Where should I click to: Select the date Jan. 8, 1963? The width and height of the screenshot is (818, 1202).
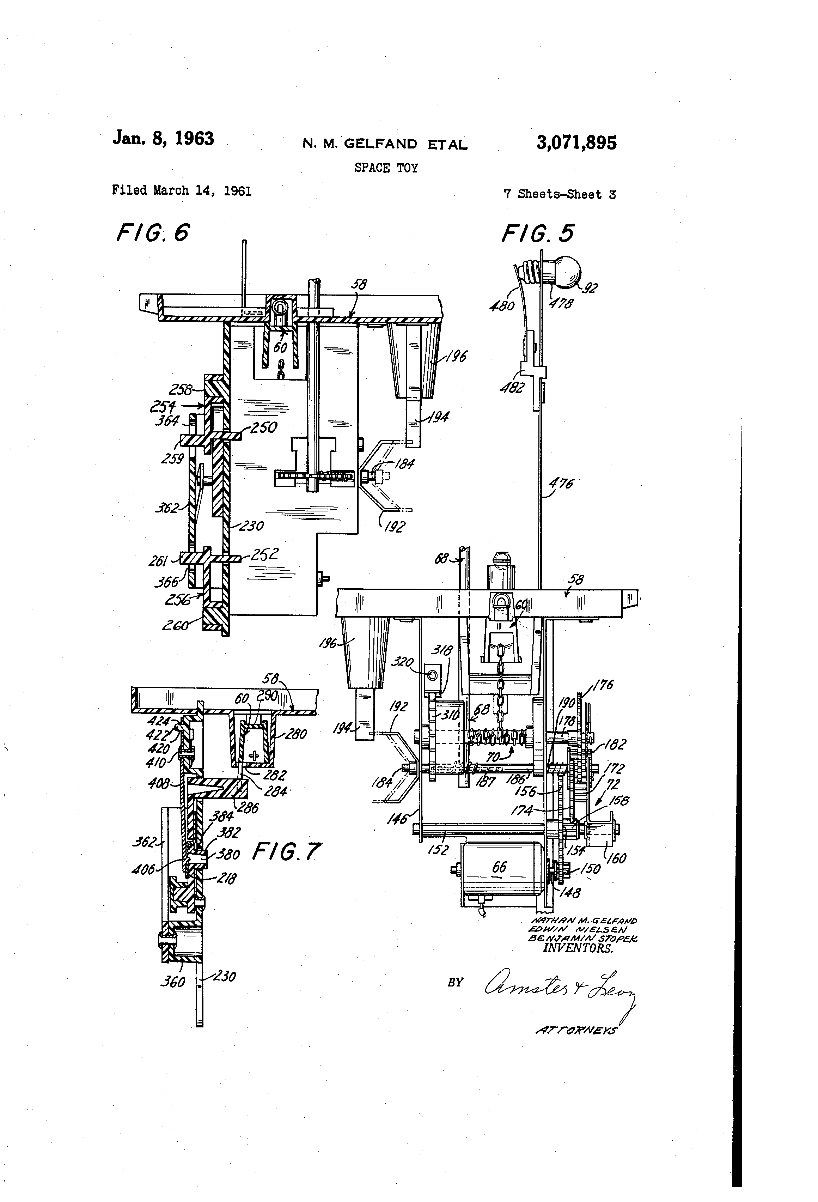point(163,138)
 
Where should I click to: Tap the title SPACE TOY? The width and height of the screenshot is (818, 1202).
point(386,168)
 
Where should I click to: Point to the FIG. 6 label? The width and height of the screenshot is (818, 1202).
point(153,233)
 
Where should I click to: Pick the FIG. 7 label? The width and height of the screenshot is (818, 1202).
point(286,851)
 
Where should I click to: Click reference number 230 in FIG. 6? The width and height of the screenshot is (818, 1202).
point(252,526)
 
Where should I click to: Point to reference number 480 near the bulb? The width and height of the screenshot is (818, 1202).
point(502,306)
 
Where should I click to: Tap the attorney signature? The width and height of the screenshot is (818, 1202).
point(558,988)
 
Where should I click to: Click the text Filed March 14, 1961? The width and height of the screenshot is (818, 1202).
point(182,190)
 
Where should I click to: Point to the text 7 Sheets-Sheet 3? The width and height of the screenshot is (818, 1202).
point(560,194)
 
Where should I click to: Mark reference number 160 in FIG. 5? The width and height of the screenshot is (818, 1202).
point(615,858)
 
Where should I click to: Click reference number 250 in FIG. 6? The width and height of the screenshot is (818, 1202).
point(264,427)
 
